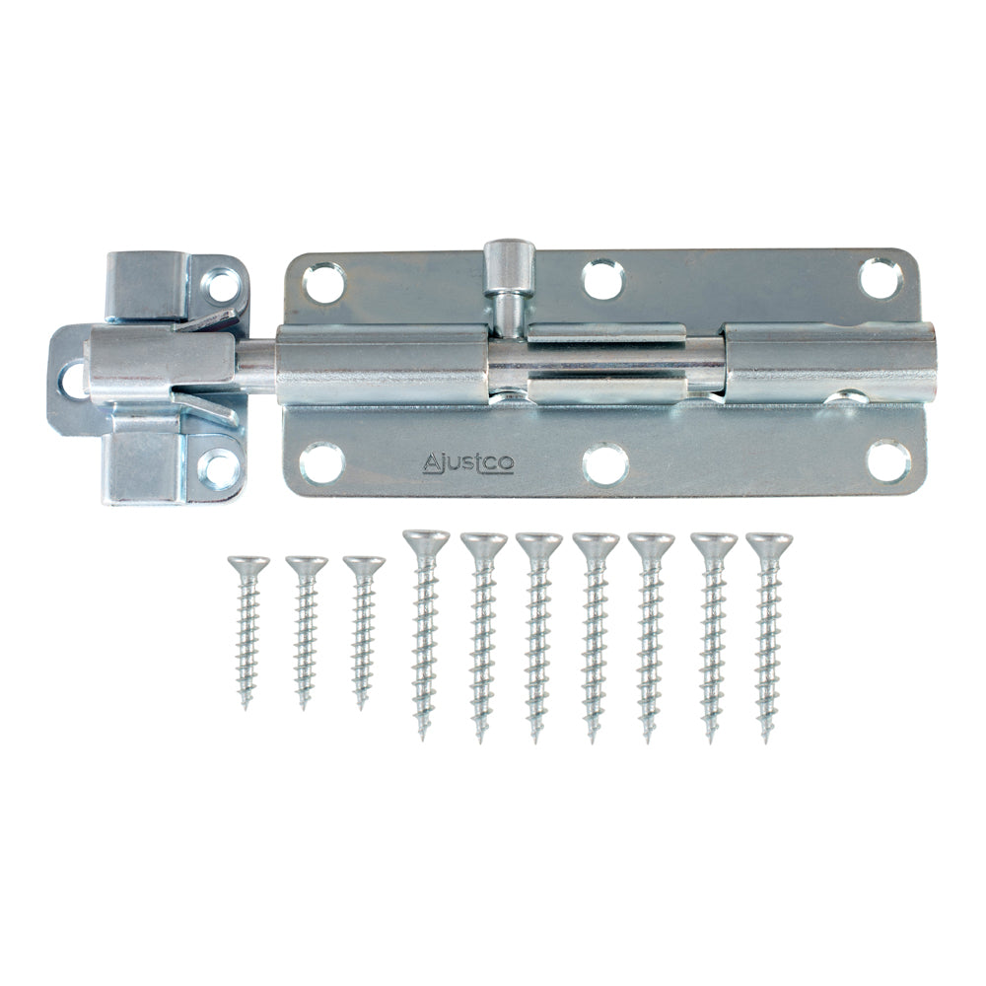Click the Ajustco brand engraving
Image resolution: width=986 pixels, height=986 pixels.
click(467, 462)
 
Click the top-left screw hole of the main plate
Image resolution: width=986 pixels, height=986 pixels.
click(324, 284)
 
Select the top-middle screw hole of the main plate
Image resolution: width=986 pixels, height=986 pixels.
click(602, 280)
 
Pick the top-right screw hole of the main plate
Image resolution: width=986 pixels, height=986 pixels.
click(880, 278)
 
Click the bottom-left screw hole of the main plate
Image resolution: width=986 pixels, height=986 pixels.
click(321, 463)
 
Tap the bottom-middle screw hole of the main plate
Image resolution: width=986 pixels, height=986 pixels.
click(605, 463)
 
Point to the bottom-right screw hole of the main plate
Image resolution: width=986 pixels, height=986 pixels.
click(888, 460)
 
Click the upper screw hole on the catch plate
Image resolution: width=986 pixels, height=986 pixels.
click(222, 286)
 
